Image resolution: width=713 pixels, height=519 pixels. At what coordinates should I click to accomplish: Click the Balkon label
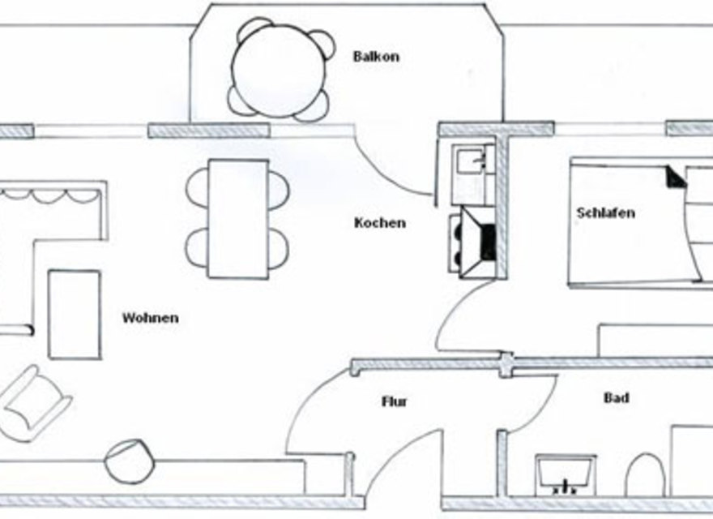click(x=376, y=57)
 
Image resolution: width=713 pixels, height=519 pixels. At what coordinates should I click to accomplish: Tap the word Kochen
click(x=379, y=222)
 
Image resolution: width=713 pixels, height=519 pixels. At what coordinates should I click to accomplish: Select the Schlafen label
click(x=605, y=213)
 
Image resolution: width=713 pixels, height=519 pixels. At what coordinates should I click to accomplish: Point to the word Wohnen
click(x=150, y=317)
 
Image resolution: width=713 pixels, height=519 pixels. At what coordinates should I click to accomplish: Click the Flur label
click(x=395, y=401)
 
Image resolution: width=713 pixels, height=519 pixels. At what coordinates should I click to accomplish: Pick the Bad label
click(x=617, y=398)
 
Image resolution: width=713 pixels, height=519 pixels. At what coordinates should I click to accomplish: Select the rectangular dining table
click(x=238, y=218)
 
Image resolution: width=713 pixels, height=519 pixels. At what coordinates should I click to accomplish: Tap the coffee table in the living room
click(x=75, y=315)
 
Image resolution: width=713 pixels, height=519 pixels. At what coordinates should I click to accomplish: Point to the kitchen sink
click(x=469, y=162)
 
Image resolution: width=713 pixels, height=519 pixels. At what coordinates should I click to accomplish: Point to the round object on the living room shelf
click(x=129, y=460)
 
